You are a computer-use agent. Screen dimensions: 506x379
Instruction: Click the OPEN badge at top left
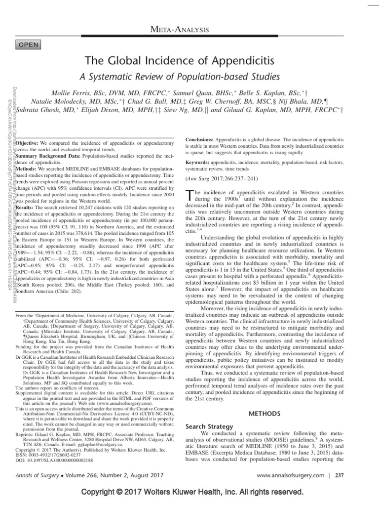31,44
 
